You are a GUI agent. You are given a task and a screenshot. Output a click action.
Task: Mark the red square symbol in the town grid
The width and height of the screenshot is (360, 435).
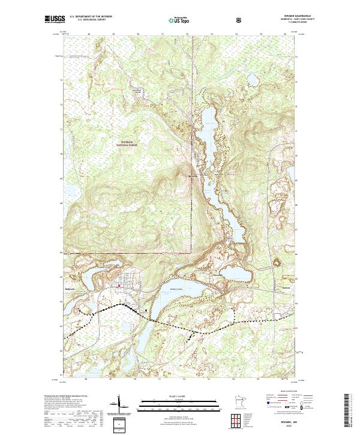(x=119, y=286)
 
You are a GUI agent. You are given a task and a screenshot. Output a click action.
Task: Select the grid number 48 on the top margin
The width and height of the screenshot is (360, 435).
(x=88, y=34)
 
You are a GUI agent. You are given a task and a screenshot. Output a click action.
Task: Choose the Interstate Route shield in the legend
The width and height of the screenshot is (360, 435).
(x=268, y=412)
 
